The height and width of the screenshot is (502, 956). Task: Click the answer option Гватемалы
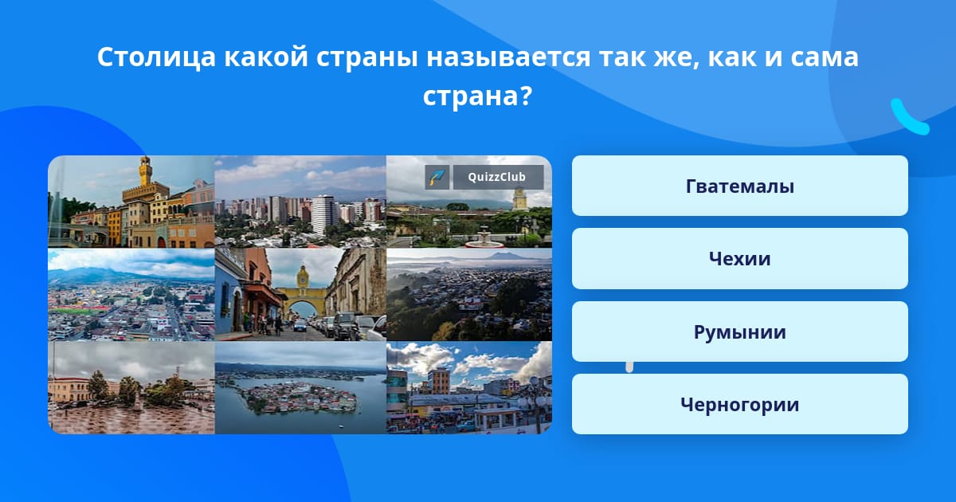739,186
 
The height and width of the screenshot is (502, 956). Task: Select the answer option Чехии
739,259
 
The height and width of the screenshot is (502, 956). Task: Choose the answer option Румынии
739,331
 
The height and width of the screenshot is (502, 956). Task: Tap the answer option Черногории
739,404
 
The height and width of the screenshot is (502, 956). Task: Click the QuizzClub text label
497,177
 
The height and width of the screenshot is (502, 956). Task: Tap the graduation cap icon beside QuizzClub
437,177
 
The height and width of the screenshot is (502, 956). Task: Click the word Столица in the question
156,57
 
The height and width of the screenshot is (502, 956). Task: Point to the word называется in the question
508,57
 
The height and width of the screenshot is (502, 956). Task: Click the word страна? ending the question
477,96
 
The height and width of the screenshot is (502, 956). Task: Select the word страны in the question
366,58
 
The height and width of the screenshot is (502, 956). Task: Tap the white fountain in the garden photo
484,238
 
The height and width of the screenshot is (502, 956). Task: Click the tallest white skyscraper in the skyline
324,214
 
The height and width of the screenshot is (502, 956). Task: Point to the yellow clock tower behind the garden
519,198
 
